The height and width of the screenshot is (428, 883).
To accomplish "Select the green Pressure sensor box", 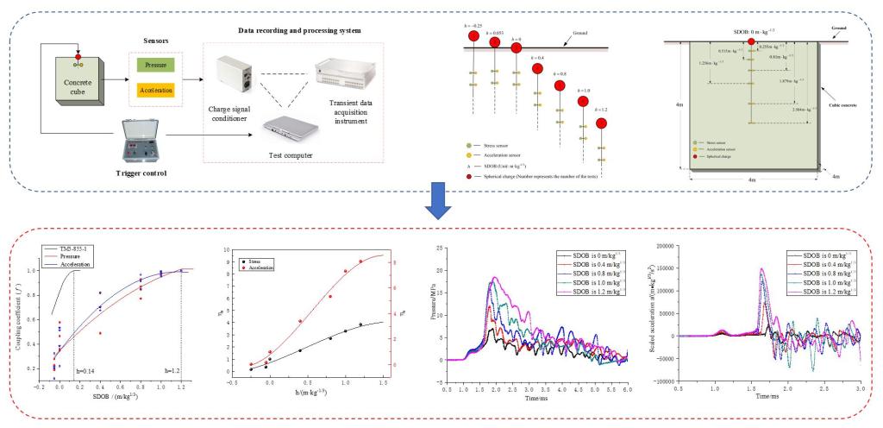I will click(x=156, y=65).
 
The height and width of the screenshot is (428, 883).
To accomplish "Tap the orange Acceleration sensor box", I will click(x=156, y=89).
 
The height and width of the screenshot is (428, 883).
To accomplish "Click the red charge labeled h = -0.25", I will click(x=473, y=40).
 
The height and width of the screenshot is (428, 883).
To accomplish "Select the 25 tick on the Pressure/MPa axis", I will click(x=439, y=249).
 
